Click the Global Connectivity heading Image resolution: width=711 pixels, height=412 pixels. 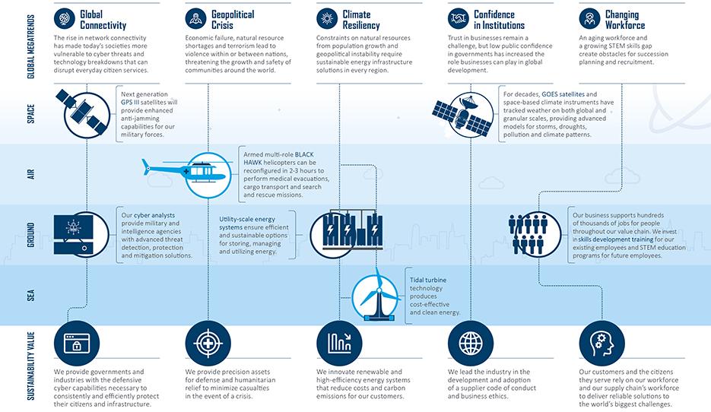(x=103, y=20)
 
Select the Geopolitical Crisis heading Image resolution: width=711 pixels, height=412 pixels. (x=233, y=20)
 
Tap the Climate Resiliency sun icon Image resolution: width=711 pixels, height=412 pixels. (x=327, y=18)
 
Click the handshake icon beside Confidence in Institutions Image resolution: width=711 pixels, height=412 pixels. (x=459, y=18)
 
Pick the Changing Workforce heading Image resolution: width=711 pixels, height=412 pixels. (x=625, y=20)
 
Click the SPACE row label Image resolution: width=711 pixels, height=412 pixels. (x=31, y=114)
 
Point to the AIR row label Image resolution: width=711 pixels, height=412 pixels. (x=31, y=174)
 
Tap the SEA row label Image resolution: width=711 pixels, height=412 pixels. (x=31, y=296)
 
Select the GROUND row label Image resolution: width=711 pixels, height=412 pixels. (x=31, y=235)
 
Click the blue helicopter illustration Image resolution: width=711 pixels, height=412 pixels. (x=187, y=173)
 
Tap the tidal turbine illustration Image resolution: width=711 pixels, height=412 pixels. (x=376, y=295)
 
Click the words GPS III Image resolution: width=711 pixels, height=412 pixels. (x=130, y=103)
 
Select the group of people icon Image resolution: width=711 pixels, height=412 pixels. (x=528, y=234)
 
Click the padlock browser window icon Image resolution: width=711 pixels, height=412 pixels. (x=76, y=343)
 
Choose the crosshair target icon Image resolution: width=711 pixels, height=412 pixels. (x=208, y=343)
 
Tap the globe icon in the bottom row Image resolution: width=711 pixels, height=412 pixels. (x=471, y=343)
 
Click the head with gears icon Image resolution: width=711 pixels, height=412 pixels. (x=601, y=343)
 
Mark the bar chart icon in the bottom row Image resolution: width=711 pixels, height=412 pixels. (x=339, y=343)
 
